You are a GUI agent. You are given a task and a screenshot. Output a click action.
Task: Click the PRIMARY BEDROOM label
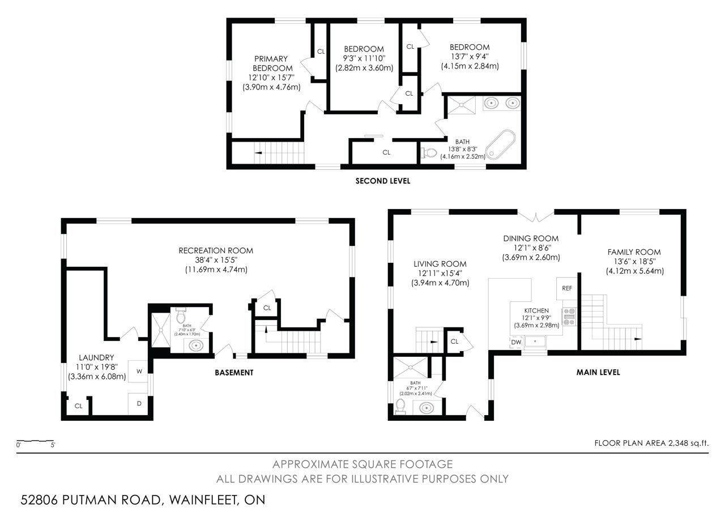pos(272,63)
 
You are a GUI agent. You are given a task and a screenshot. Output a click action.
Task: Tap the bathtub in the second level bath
pos(500,144)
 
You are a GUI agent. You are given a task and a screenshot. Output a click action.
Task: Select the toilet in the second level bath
pos(429,152)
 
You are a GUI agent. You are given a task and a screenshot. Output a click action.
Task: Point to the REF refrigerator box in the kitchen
pos(567,288)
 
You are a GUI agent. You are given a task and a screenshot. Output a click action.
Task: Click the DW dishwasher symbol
pos(516,342)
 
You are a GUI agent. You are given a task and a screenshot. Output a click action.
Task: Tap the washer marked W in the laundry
pos(139,371)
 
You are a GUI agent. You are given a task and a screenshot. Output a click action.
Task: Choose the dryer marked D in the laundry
pos(139,404)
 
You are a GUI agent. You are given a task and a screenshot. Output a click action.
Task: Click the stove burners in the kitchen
pos(569,317)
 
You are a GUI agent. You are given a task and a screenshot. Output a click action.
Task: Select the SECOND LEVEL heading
pos(383,181)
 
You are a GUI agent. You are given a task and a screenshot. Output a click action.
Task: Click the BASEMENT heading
pos(234,373)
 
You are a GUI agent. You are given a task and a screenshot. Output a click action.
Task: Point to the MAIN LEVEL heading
pos(598,372)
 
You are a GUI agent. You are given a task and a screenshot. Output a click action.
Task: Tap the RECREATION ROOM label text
pos(216,250)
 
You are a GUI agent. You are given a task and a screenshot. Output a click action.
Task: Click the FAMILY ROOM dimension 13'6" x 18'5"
pos(634,262)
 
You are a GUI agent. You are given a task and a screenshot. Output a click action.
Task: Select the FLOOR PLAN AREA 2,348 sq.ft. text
pos(651,443)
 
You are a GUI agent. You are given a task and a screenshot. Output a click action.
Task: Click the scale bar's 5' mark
pos(53,445)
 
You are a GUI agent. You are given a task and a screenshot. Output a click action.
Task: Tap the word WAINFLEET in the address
pos(203,500)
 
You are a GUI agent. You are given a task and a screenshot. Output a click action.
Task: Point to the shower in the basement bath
pos(161,330)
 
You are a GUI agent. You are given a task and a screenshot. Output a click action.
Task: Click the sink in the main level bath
pos(427,408)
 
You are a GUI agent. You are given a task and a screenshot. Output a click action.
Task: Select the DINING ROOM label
pos(531,238)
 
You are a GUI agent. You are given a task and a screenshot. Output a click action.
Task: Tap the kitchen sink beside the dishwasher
pos(535,341)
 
